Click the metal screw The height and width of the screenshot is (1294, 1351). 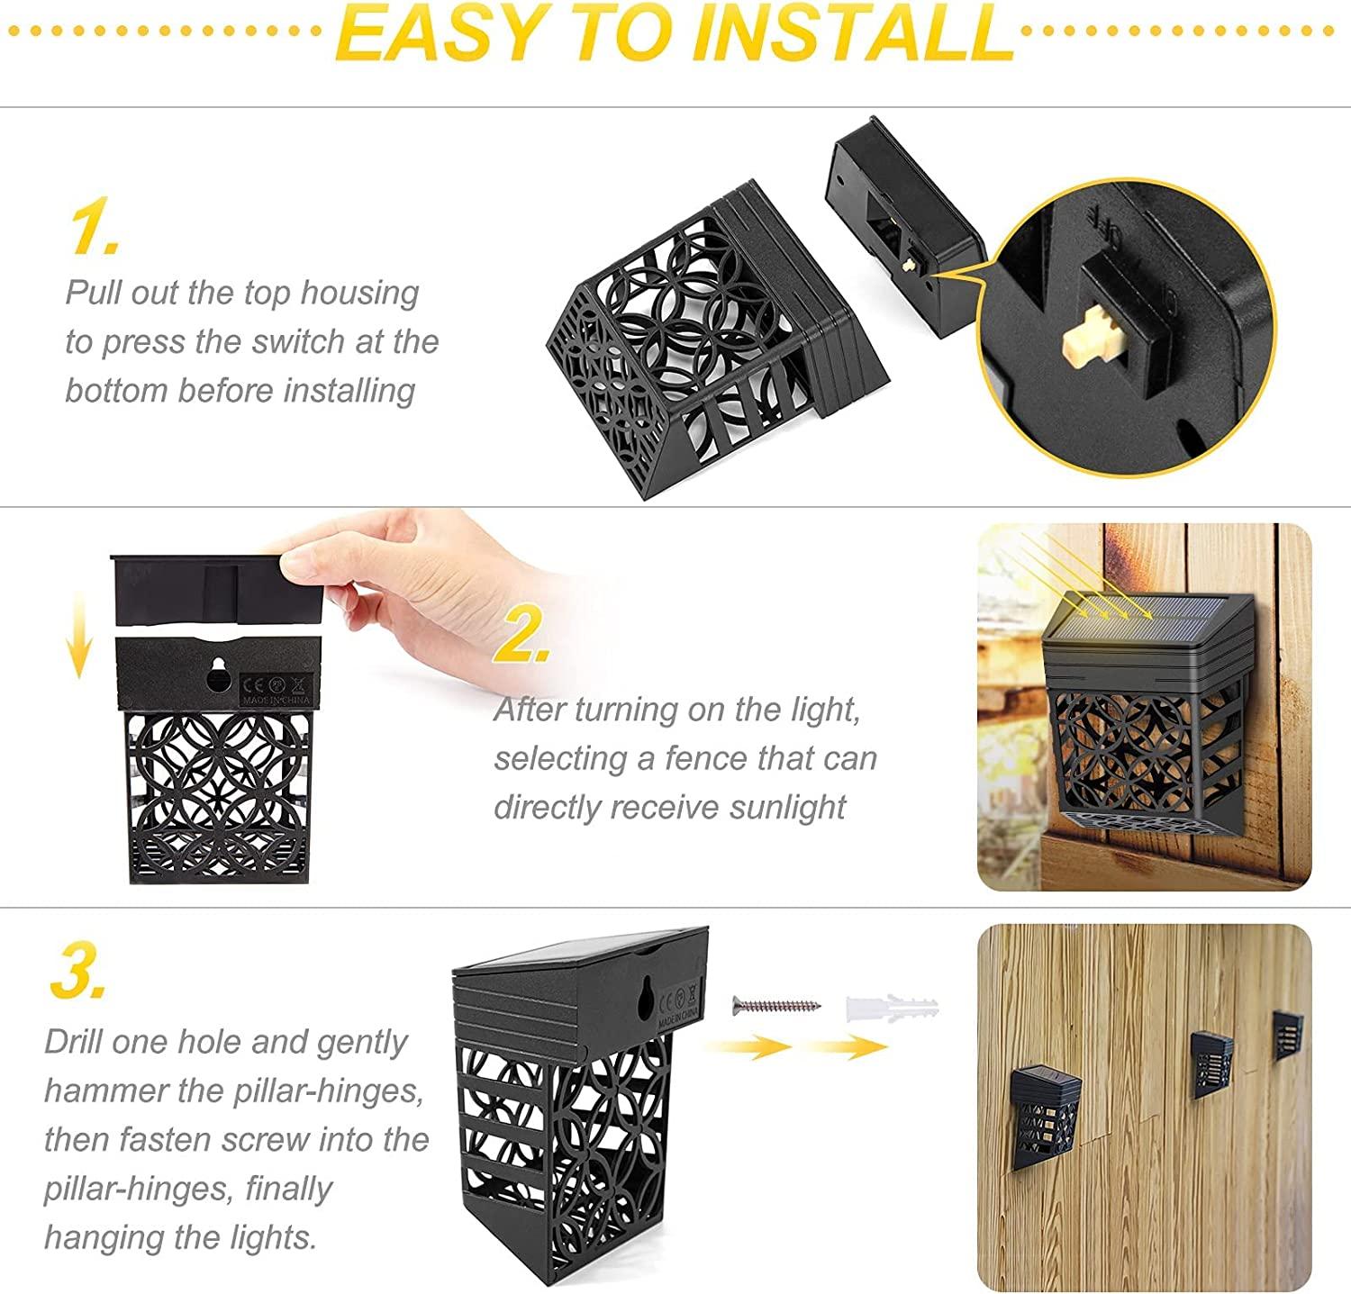point(776,1005)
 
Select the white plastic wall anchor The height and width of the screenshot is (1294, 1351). point(893,1005)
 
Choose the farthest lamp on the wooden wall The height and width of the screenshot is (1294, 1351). point(1287,1036)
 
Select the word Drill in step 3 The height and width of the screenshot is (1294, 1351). point(74,1042)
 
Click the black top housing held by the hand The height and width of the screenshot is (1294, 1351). point(216,590)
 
